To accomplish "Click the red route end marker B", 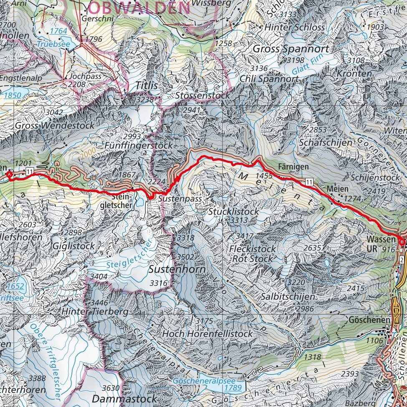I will tap(402, 242).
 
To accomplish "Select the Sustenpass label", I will tap(179, 199).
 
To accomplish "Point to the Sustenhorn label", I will tap(177, 269).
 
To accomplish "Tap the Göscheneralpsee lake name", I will tap(205, 382).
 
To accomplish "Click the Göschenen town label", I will tap(369, 320).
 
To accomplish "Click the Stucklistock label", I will tap(233, 212).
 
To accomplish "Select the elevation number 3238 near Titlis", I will tap(144, 99).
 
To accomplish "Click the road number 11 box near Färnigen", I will tap(308, 181).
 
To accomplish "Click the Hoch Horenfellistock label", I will tap(207, 334).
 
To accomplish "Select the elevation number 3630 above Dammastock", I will tap(111, 388).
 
